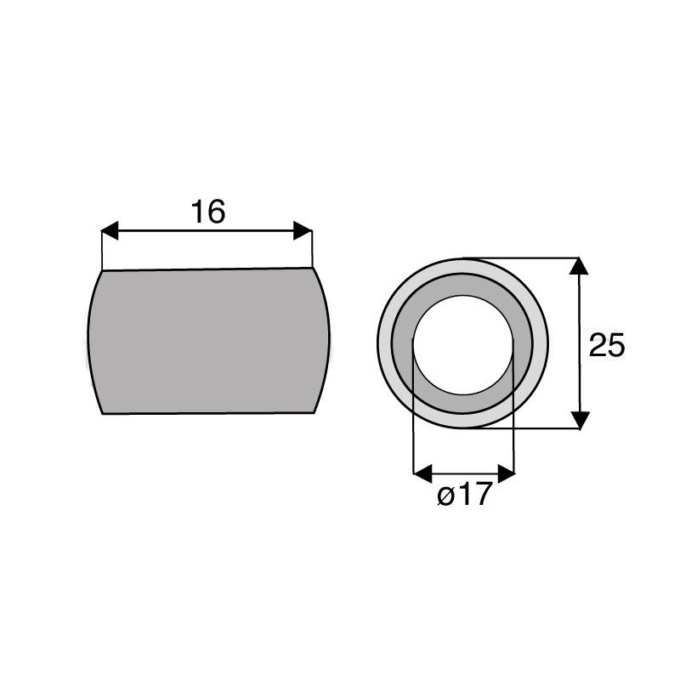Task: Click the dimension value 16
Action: pyautogui.click(x=207, y=212)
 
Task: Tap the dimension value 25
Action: pyautogui.click(x=607, y=345)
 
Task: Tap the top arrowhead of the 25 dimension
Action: pyautogui.click(x=579, y=266)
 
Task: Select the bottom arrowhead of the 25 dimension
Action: pyautogui.click(x=579, y=420)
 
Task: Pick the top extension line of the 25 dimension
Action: pyautogui.click(x=527, y=258)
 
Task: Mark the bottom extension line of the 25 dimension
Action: pyautogui.click(x=527, y=429)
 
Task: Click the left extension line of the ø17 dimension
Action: pyautogui.click(x=413, y=425)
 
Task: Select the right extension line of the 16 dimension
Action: pyautogui.click(x=312, y=251)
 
